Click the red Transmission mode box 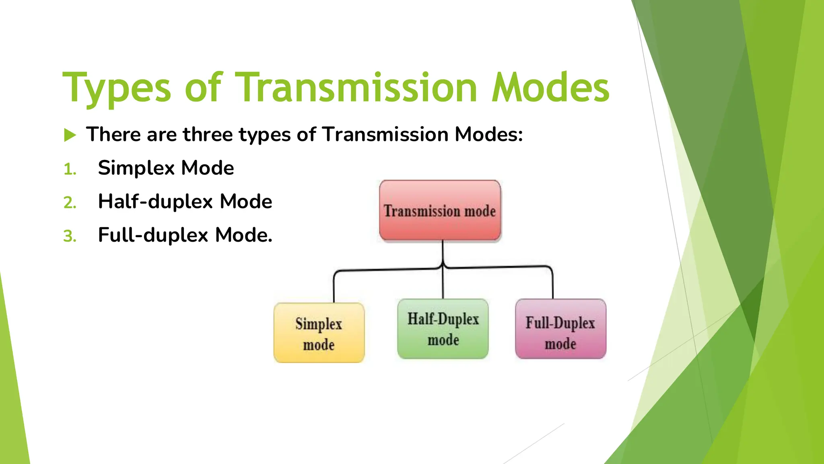pyautogui.click(x=440, y=210)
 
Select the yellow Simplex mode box pyautogui.click(x=319, y=333)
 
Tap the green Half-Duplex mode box pyautogui.click(x=443, y=329)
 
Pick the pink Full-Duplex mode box pyautogui.click(x=560, y=329)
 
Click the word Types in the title pyautogui.click(x=117, y=88)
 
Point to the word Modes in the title pyautogui.click(x=550, y=88)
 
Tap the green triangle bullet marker pyautogui.click(x=70, y=135)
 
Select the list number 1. pyautogui.click(x=70, y=169)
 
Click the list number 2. pyautogui.click(x=70, y=203)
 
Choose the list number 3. pyautogui.click(x=70, y=236)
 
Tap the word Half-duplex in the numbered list pyautogui.click(x=155, y=201)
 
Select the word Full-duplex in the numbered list pyautogui.click(x=153, y=235)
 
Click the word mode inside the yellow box pyautogui.click(x=319, y=345)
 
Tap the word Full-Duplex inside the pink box pyautogui.click(x=560, y=323)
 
